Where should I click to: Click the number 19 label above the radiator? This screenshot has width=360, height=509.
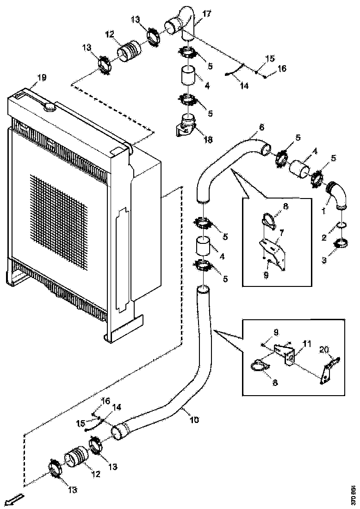tap(42, 78)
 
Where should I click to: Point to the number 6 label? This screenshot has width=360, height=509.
tap(261, 126)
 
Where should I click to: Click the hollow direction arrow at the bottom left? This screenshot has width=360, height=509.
tap(14, 502)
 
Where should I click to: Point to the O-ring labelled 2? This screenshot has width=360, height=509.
tap(341, 225)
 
